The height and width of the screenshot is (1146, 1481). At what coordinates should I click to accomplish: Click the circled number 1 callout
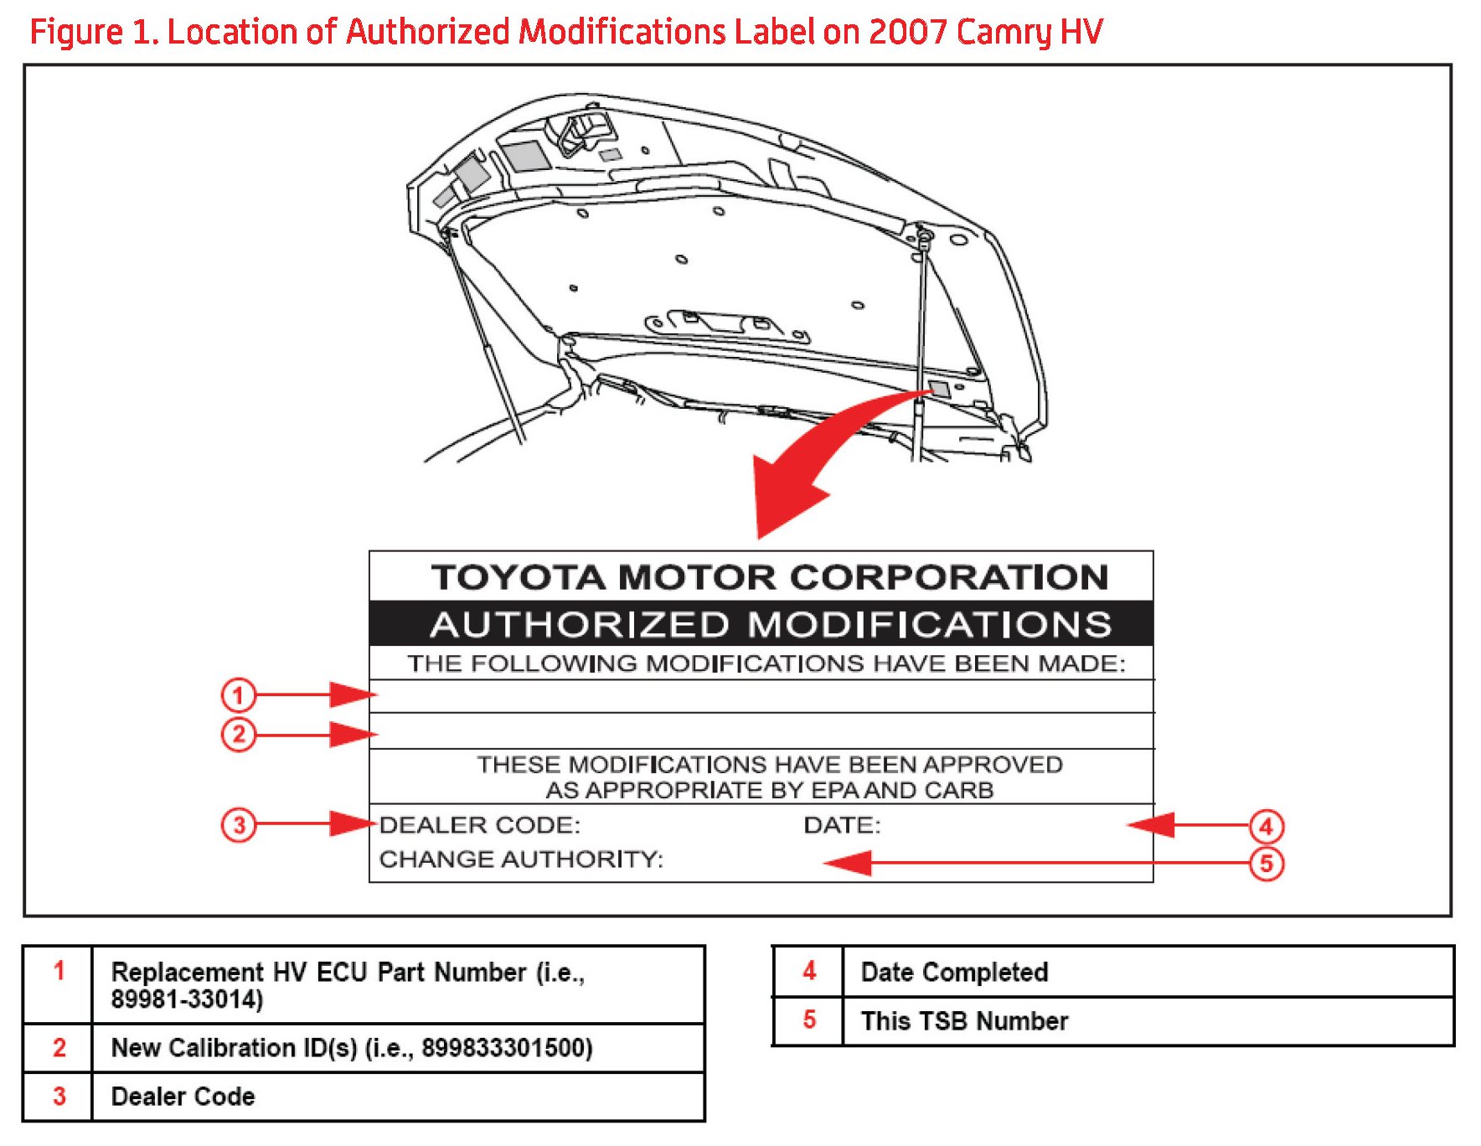pyautogui.click(x=238, y=694)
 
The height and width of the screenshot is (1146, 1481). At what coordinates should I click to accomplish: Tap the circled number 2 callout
pyautogui.click(x=238, y=735)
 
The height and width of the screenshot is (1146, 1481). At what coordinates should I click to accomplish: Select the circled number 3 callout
pyautogui.click(x=238, y=825)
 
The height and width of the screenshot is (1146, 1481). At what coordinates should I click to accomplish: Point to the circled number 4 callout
pyautogui.click(x=1266, y=826)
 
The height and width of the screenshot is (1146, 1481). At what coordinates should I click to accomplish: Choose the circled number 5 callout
pyautogui.click(x=1266, y=864)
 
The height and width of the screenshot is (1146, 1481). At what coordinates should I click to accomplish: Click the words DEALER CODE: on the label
pyautogui.click(x=479, y=825)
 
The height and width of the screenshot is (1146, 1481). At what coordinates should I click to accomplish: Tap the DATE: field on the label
pyautogui.click(x=842, y=825)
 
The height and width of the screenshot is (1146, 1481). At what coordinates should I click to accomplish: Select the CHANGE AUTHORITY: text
pyautogui.click(x=520, y=859)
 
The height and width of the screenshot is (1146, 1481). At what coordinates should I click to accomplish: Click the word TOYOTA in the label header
pyautogui.click(x=519, y=577)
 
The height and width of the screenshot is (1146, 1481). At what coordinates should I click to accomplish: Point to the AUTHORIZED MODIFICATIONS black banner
pyautogui.click(x=770, y=625)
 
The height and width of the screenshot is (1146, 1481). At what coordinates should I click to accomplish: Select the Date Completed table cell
pyautogui.click(x=954, y=972)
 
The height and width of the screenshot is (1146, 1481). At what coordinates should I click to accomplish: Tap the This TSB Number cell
pyautogui.click(x=964, y=1021)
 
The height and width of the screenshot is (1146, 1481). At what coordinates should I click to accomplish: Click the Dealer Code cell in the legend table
pyautogui.click(x=183, y=1097)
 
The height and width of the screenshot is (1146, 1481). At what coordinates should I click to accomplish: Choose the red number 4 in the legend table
pyautogui.click(x=808, y=971)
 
